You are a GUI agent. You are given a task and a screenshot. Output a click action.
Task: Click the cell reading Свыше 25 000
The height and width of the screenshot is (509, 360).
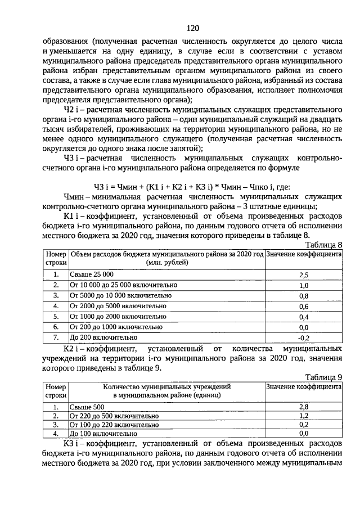pyautogui.click(x=92, y=274)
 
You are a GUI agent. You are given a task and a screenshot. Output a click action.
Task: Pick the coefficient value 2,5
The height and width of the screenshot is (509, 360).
pyautogui.click(x=304, y=274)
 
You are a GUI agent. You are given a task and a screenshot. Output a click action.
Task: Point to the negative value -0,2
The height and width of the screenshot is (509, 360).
pyautogui.click(x=304, y=337)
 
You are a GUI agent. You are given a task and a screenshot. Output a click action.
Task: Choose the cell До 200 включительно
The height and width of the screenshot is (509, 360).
pyautogui.click(x=103, y=337)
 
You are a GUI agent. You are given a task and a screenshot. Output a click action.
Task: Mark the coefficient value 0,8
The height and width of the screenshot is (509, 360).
pyautogui.click(x=304, y=295)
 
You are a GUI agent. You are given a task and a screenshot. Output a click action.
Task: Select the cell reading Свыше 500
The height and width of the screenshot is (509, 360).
pyautogui.click(x=87, y=407)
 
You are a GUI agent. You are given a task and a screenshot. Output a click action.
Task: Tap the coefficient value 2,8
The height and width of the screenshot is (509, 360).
pyautogui.click(x=304, y=407)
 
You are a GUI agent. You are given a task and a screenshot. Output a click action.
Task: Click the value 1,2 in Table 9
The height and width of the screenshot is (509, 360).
pyautogui.click(x=304, y=416)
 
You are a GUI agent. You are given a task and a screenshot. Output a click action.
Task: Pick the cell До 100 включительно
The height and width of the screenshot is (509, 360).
pyautogui.click(x=103, y=434)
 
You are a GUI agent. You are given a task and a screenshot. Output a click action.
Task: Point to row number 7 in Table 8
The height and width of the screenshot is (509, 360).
pyautogui.click(x=56, y=337)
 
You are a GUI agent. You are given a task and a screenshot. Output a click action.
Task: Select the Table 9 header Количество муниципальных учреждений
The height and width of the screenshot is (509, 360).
pyautogui.click(x=166, y=387)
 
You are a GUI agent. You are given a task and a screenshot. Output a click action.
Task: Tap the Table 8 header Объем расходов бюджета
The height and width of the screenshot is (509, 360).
pyautogui.click(x=167, y=254)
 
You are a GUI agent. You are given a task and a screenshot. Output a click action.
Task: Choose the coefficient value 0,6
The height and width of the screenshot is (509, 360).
pyautogui.click(x=304, y=306)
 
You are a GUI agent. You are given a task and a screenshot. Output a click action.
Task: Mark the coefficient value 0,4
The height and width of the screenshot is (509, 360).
pyautogui.click(x=304, y=317)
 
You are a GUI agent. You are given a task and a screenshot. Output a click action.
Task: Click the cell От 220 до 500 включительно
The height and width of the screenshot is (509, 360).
pyautogui.click(x=114, y=416)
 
